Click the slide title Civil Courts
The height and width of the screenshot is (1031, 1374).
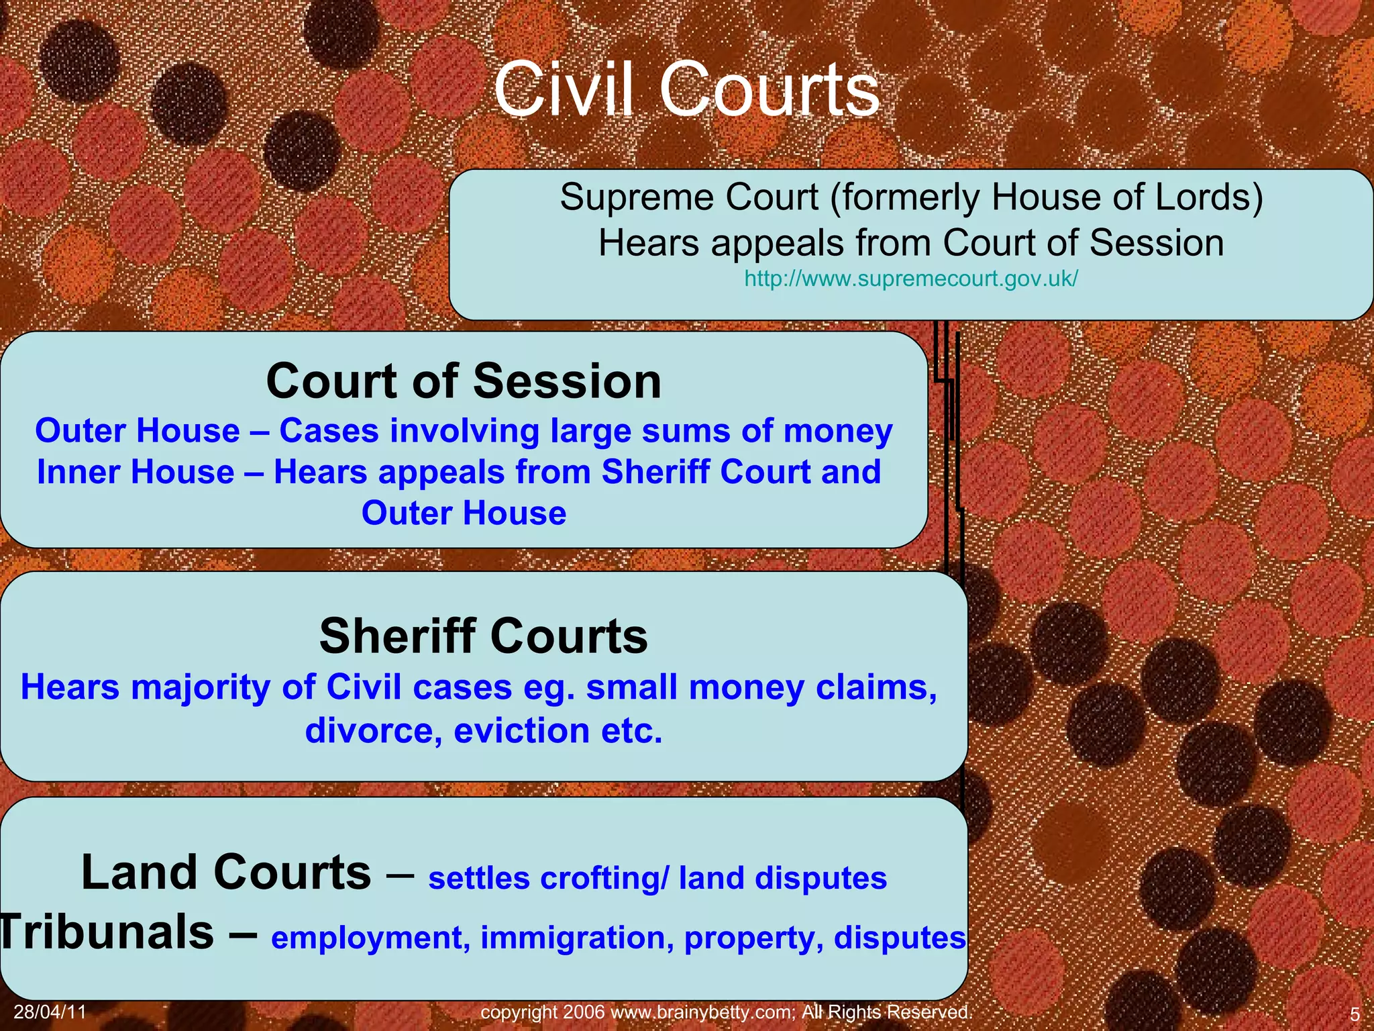pos(686,89)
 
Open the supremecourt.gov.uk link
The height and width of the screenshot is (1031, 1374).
pos(911,278)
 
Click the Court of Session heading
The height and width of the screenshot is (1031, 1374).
pos(464,381)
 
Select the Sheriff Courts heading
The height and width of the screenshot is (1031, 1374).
pos(483,636)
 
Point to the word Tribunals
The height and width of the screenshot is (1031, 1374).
pos(107,932)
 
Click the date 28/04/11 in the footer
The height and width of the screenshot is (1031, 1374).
pos(50,1012)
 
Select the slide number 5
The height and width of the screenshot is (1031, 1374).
pos(1354,1014)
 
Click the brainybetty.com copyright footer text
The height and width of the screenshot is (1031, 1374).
pos(726,1012)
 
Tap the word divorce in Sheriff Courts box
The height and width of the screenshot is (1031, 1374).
pos(374,730)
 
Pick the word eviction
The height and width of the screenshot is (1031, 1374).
pos(521,730)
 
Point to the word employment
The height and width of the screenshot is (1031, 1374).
pos(370,938)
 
